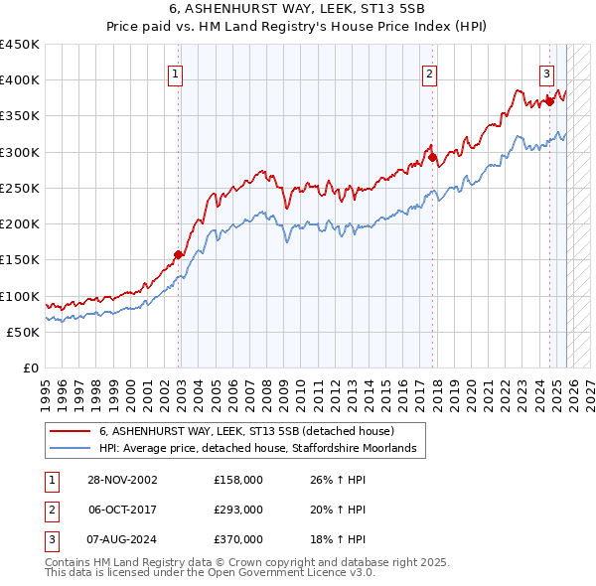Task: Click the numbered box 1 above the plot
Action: coord(175,73)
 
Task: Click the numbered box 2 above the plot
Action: coord(429,73)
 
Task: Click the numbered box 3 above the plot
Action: coord(546,73)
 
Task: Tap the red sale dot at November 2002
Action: coord(179,254)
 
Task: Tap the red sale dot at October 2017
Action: coord(433,157)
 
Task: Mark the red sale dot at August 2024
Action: coord(549,101)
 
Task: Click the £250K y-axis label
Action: coord(20,188)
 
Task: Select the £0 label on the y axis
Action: coord(29,367)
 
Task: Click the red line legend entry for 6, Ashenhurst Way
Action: coord(246,432)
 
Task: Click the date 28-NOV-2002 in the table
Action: coord(121,480)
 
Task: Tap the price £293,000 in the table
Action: coord(238,510)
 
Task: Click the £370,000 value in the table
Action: coord(238,539)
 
